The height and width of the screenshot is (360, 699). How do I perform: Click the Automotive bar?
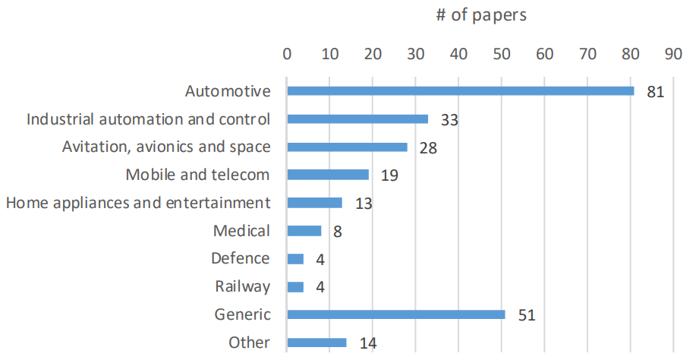click(461, 91)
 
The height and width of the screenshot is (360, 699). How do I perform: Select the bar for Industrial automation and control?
click(357, 119)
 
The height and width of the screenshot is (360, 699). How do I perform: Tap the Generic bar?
click(396, 314)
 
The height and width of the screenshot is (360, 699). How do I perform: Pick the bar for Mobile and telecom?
click(328, 175)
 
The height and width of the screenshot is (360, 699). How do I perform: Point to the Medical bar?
click(304, 231)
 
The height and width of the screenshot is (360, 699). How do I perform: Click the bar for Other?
click(316, 343)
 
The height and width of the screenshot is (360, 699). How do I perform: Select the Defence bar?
click(295, 259)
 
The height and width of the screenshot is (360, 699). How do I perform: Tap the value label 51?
click(527, 315)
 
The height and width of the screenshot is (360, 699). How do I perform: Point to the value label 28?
click(428, 147)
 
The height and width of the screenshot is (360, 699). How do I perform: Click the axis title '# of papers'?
click(481, 15)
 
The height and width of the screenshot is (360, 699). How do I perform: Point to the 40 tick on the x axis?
click(458, 55)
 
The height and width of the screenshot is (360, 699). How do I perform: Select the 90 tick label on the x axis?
click(672, 55)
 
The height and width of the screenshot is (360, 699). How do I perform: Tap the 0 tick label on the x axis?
click(287, 55)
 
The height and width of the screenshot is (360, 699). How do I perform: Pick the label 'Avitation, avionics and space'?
click(166, 147)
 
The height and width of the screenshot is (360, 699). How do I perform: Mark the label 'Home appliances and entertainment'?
click(138, 203)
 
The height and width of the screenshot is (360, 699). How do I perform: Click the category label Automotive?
click(228, 91)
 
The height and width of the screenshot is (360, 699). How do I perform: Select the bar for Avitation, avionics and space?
click(347, 147)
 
